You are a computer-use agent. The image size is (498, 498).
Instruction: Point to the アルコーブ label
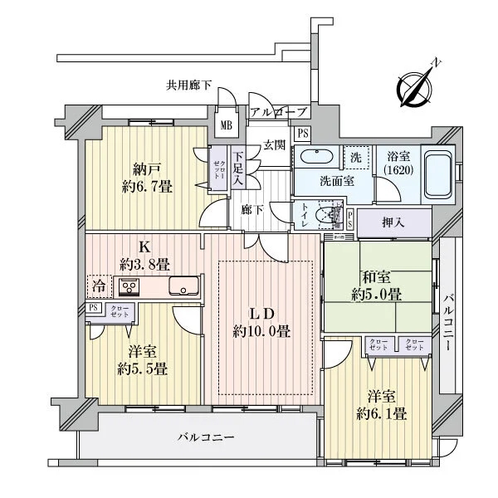[278, 112]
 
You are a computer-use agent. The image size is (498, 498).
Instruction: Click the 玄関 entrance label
[274, 144]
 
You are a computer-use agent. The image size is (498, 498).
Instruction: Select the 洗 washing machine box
[355, 157]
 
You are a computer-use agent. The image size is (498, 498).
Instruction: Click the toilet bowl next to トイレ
[333, 217]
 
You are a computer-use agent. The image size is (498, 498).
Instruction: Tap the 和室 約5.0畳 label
[378, 286]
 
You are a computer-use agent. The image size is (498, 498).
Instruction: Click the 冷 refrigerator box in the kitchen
[99, 286]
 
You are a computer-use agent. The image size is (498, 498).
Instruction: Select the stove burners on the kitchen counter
[131, 287]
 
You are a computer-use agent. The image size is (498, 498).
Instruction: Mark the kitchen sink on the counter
[183, 287]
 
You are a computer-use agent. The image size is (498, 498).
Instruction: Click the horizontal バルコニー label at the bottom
[206, 437]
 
